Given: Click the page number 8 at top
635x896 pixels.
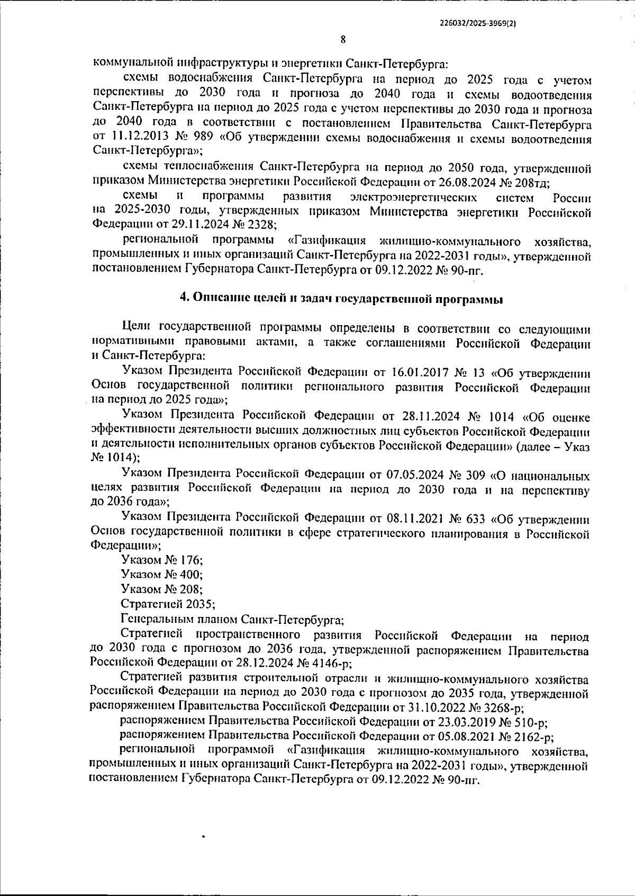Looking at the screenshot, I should [343, 39].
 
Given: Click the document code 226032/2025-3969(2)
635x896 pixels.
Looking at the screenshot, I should [478, 23].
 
